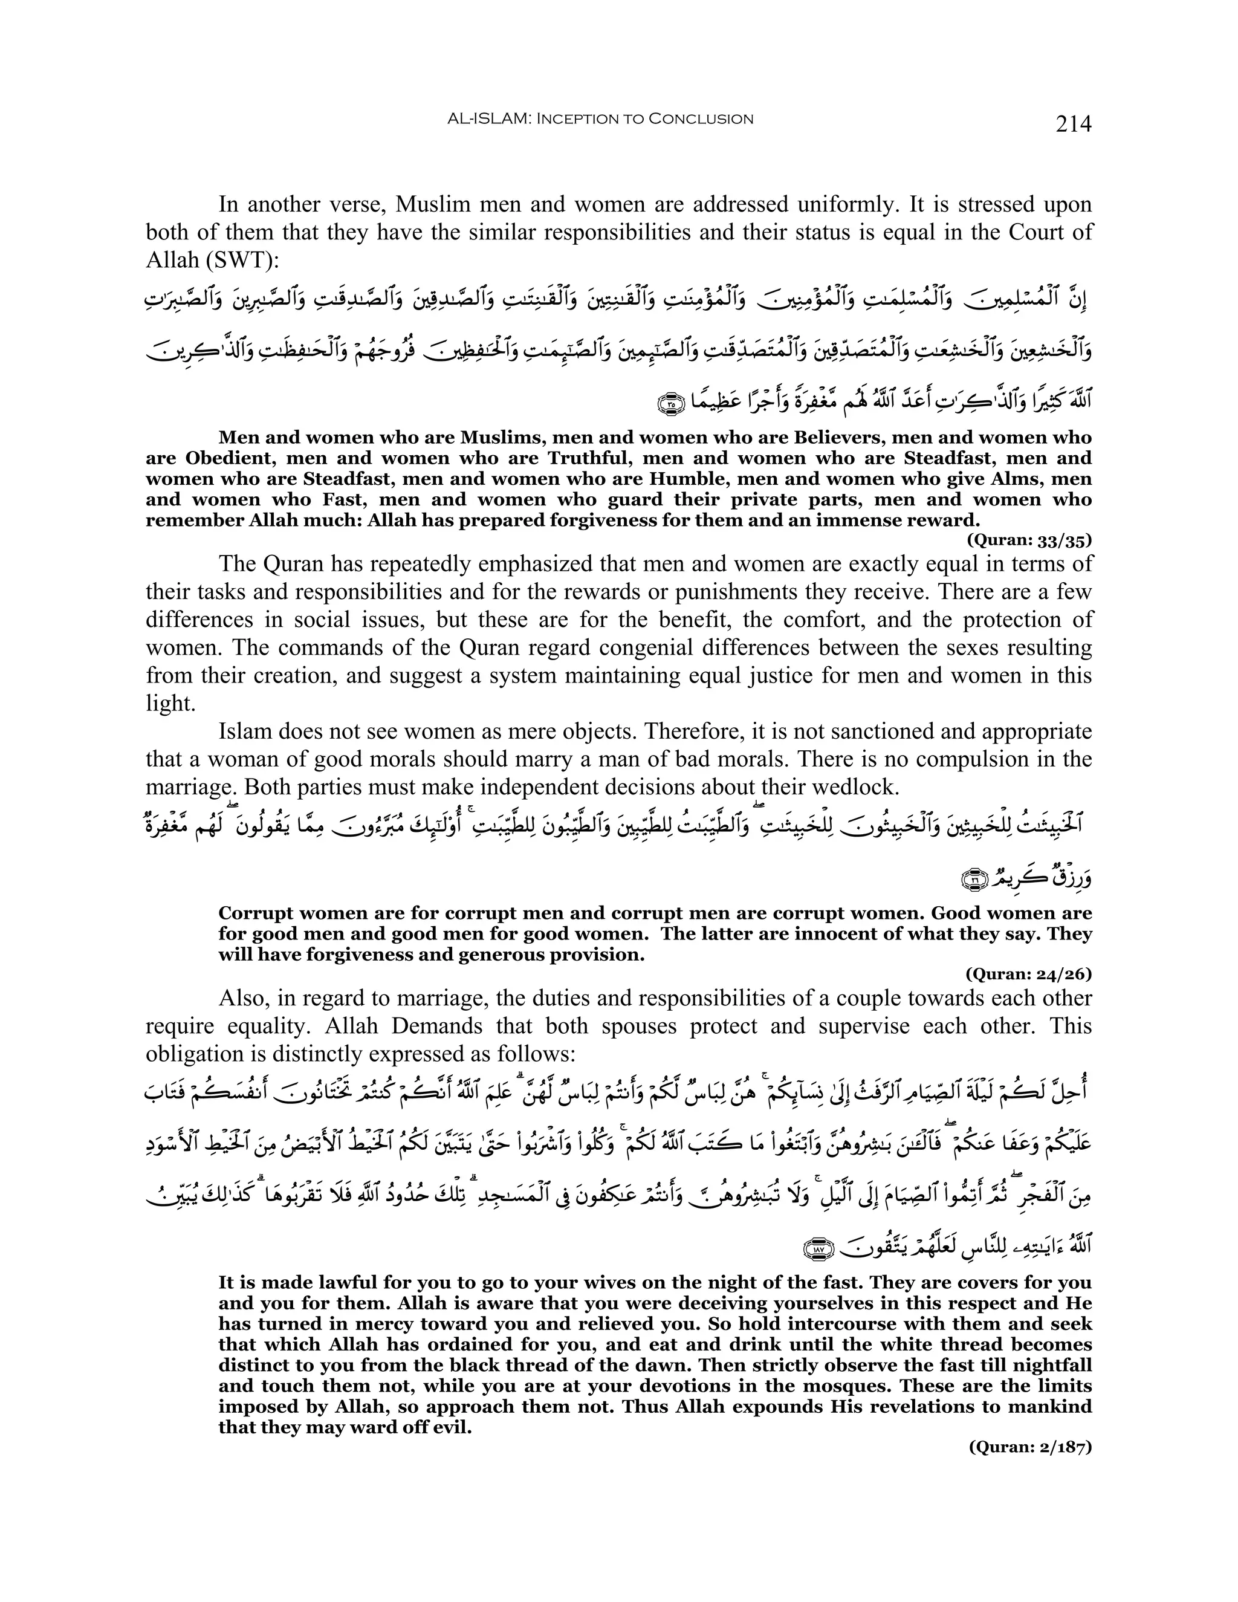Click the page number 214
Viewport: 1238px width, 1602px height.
1073,123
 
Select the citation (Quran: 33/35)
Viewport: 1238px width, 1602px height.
1029,540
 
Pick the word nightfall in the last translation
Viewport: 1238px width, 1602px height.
1049,1366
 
